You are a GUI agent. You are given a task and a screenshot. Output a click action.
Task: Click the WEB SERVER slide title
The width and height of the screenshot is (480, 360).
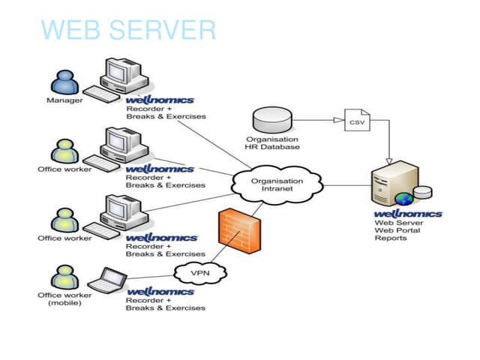128,29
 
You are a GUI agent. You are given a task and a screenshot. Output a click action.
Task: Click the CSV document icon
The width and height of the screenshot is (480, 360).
356,121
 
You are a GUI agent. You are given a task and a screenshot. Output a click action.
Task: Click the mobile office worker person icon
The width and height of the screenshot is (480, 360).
64,277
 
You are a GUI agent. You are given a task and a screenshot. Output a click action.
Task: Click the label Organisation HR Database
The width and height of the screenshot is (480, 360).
272,142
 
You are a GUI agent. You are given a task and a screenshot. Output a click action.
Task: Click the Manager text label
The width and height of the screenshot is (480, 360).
64,100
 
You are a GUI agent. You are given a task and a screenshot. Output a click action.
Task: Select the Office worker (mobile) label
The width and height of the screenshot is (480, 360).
64,298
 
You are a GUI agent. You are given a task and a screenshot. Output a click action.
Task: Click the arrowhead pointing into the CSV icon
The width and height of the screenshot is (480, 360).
341,120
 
